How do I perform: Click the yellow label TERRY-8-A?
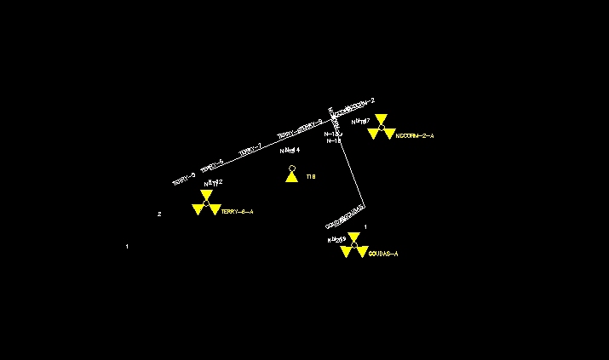tap(237, 211)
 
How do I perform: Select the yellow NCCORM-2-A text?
tap(415, 136)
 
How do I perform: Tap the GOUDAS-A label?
tap(383, 254)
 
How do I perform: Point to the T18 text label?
tap(311, 177)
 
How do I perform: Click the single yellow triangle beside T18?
tap(291, 177)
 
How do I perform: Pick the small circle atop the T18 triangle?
tap(291, 169)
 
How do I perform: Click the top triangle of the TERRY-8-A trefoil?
tap(206, 195)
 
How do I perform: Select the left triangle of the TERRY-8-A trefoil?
tap(198, 209)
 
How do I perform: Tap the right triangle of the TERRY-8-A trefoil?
tap(214, 209)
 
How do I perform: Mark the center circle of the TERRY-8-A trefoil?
tap(206, 203)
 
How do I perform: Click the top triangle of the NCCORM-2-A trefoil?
tap(381, 119)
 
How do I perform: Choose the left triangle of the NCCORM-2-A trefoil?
tap(373, 134)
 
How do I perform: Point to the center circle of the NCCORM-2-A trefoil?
tap(381, 128)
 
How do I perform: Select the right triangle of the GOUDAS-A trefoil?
tap(361, 253)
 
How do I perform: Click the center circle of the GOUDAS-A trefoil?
tap(353, 245)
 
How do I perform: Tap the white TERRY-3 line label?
tap(184, 179)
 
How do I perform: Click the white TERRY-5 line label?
tap(212, 166)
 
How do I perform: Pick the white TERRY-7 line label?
tap(250, 151)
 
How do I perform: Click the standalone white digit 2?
tap(159, 214)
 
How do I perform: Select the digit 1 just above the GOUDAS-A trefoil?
tap(365, 227)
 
